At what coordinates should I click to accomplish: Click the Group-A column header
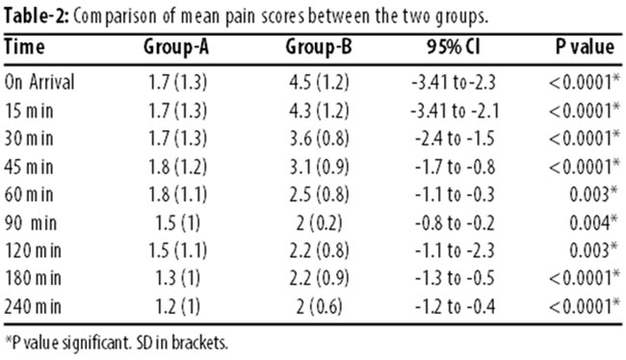pos(176,47)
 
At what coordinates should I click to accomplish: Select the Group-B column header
pos(319,47)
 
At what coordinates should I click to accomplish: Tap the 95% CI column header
pos(454,47)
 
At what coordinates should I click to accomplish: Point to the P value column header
pos(585,47)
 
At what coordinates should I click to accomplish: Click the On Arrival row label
pos(39,82)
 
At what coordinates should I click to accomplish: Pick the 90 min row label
pos(31,222)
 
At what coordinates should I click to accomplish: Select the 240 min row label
pos(33,306)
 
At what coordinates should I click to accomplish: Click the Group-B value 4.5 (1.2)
pos(319,83)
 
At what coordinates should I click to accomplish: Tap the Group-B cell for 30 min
pos(319,139)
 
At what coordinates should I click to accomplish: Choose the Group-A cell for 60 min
pos(177,194)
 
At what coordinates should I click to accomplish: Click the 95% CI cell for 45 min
pos(455,167)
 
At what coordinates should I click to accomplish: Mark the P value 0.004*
pos(593,222)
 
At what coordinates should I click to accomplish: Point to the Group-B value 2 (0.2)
pos(319,222)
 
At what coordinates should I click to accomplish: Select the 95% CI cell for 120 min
pos(455,250)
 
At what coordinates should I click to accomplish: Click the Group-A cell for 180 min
pos(177,278)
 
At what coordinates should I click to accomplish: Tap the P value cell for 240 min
pos(585,306)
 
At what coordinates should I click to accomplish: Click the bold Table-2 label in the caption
pos(37,16)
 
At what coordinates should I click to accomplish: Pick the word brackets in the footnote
pos(199,344)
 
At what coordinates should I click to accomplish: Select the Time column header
pos(24,47)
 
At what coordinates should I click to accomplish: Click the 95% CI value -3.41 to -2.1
pos(455,111)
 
